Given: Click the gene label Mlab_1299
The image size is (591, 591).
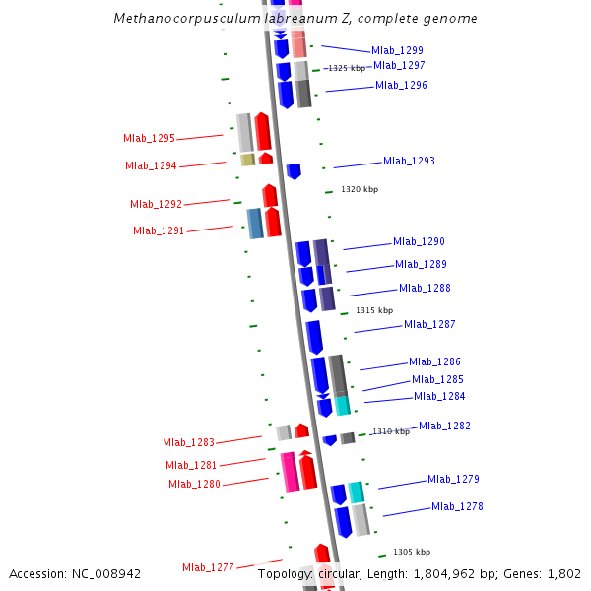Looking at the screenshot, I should point(397,50).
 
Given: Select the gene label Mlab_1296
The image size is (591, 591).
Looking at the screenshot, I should point(401,85).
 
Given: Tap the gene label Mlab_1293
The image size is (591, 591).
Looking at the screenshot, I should point(409,161).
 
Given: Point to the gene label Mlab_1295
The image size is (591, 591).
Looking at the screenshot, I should point(149,139).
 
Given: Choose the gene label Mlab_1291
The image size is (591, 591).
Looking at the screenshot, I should point(159,230).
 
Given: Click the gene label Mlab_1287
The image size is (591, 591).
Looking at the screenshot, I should point(429,324).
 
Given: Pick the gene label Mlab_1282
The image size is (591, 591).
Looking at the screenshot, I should point(444,426).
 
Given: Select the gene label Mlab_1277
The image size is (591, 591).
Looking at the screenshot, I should point(208,567).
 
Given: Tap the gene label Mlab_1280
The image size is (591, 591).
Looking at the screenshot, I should point(194,484).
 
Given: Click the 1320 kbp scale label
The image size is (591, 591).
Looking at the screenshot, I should point(359,189).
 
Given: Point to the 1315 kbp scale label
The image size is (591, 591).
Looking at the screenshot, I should point(373,310).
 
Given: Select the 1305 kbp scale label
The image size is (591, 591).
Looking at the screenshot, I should point(411,552).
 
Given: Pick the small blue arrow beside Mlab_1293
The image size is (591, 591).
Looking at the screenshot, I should point(294,171).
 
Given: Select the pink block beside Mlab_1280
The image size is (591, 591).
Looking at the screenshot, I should point(290,472).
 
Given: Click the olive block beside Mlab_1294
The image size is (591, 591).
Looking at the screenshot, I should point(248,160).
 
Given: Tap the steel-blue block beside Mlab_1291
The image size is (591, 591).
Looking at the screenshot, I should point(255,224).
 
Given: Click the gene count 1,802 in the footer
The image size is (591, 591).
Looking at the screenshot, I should point(563,573).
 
